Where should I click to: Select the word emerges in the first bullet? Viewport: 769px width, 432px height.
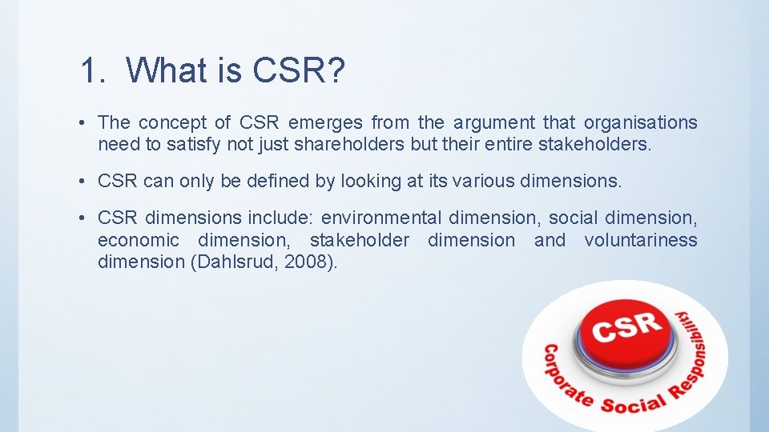[324, 122]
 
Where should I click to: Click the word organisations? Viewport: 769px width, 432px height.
[640, 122]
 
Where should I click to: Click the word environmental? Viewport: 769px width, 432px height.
[381, 218]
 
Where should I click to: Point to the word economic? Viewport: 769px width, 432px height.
[138, 240]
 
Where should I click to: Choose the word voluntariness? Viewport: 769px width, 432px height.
[640, 240]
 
